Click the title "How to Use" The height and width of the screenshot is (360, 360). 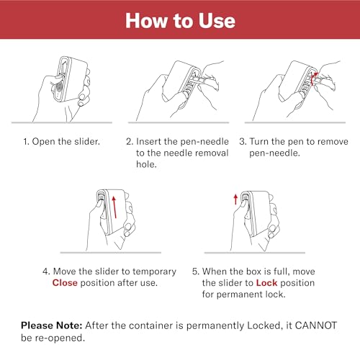[180, 21]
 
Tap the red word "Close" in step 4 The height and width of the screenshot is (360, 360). [65, 283]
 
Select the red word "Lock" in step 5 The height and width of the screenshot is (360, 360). [266, 283]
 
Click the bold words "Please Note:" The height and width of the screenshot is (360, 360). [52, 325]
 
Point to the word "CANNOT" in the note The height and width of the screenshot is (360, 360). [316, 325]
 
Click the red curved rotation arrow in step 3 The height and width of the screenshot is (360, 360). [313, 78]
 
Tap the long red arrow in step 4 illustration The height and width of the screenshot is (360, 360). [114, 207]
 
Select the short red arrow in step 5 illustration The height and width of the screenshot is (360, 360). [235, 199]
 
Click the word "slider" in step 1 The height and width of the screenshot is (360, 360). [87, 141]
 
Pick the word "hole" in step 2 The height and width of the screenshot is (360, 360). [146, 164]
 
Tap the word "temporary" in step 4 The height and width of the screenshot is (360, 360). [154, 271]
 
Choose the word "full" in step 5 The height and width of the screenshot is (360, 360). [281, 271]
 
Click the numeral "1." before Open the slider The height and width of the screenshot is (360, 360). [26, 141]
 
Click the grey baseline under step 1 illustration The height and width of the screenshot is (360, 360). [62, 122]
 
